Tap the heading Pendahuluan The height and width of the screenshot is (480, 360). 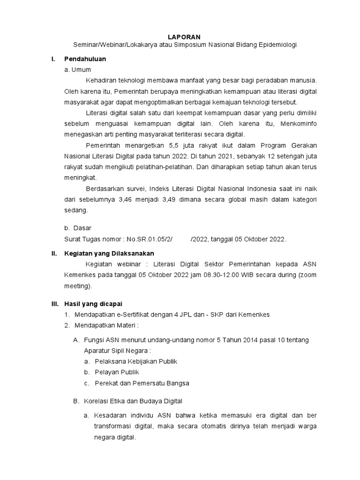coord(85,59)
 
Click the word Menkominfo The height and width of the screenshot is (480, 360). coord(298,124)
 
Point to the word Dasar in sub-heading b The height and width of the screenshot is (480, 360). coord(83,228)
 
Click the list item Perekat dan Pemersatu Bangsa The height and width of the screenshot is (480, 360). coord(142,383)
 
